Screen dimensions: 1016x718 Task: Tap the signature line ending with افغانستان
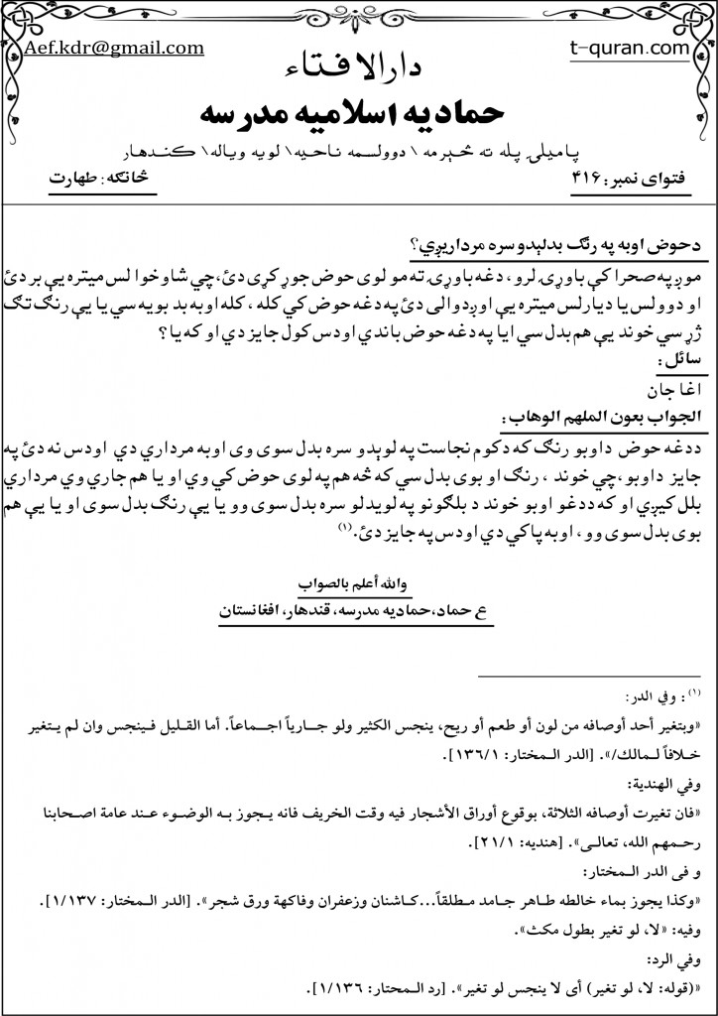coord(358,610)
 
